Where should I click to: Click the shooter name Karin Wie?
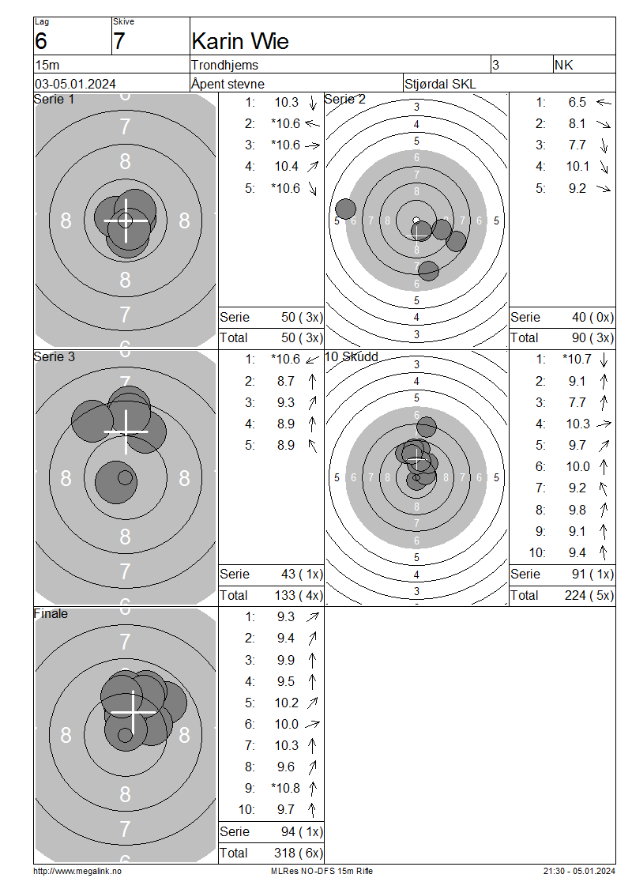click(240, 41)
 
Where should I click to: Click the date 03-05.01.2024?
click(75, 84)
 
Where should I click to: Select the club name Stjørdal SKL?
click(440, 85)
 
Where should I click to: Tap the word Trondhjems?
click(225, 65)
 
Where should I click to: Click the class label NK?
click(564, 65)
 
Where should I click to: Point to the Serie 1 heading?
click(54, 99)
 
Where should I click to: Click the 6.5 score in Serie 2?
click(577, 102)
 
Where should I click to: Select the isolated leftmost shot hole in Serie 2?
click(345, 209)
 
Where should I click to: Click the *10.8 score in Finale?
click(286, 788)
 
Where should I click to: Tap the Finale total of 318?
click(284, 853)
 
